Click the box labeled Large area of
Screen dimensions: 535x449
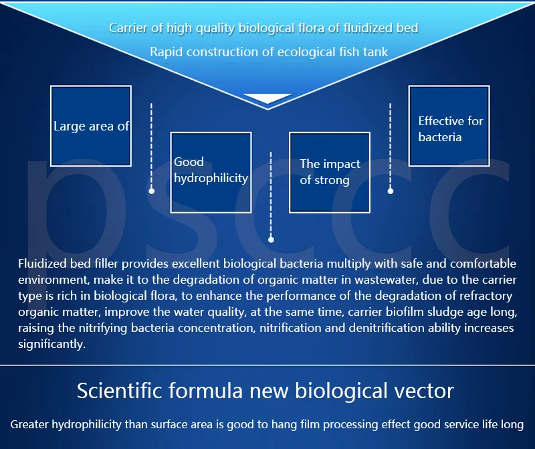(x=91, y=126)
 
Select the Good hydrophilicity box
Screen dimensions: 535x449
(x=211, y=173)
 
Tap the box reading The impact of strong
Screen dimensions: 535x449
(x=330, y=173)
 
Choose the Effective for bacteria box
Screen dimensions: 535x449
(x=449, y=126)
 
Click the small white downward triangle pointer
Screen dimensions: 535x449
(x=267, y=98)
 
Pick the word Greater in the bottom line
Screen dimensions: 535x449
(x=29, y=424)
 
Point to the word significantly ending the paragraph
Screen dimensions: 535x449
(x=51, y=344)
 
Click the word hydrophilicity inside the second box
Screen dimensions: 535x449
(x=211, y=178)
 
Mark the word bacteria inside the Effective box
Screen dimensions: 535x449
(x=440, y=137)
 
